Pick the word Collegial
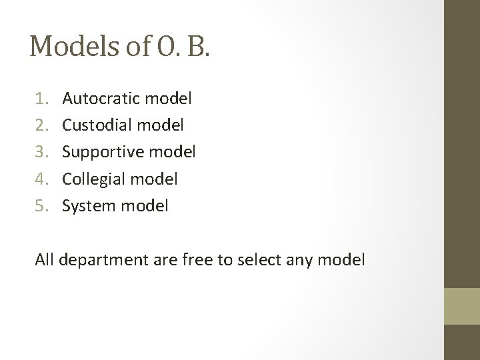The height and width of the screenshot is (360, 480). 93,179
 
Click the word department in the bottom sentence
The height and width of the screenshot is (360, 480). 100,260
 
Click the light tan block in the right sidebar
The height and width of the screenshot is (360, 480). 462,306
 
